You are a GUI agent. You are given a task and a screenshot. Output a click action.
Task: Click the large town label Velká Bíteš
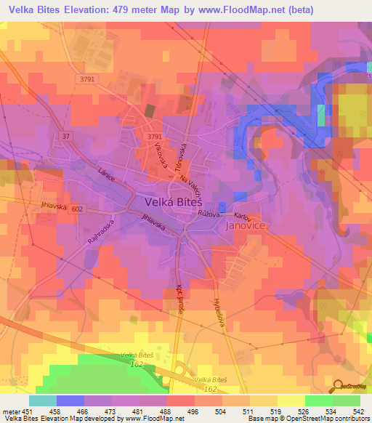click(172, 201)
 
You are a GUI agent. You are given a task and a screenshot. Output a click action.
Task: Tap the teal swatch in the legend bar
click(43, 400)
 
